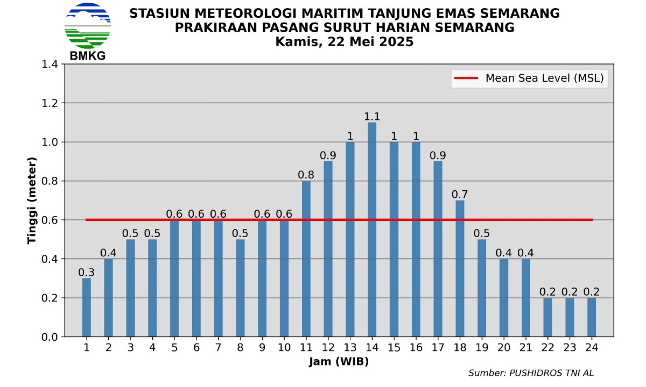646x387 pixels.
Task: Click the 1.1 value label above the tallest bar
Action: [372, 116]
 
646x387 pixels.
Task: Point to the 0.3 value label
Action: [87, 273]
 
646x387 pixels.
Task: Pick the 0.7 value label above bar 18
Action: [460, 194]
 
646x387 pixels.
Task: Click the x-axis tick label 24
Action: [592, 348]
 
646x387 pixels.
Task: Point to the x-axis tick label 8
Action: [240, 348]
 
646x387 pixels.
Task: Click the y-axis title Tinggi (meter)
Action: [32, 200]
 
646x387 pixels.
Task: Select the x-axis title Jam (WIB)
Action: [339, 362]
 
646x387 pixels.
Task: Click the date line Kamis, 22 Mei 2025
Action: [345, 41]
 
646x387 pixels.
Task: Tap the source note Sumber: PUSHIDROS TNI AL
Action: [531, 373]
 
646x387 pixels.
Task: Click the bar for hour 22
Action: [547, 317]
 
